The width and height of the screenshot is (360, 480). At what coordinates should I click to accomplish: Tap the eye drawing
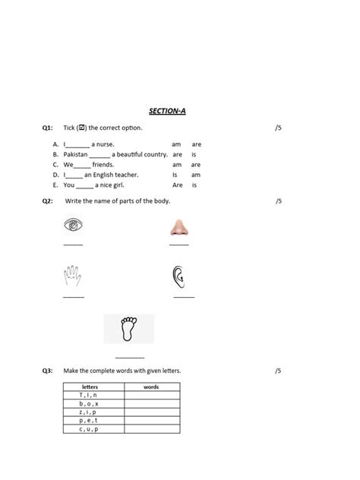74,226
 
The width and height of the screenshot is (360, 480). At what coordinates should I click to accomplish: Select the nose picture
179,226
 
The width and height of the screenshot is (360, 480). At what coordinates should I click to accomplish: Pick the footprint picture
128,329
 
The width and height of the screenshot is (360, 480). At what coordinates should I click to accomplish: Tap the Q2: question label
48,201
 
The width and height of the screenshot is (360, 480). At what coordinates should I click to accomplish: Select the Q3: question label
48,371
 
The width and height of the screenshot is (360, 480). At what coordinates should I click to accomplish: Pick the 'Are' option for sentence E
177,185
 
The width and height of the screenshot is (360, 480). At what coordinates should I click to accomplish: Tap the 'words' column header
151,387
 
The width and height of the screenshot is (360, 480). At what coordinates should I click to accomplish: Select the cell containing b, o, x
89,404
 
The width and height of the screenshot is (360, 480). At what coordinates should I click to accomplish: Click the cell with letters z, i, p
89,412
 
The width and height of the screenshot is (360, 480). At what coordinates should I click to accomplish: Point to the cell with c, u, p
89,429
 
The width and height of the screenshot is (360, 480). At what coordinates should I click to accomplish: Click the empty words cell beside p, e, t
152,421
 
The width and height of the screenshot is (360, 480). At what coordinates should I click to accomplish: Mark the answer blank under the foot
130,356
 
